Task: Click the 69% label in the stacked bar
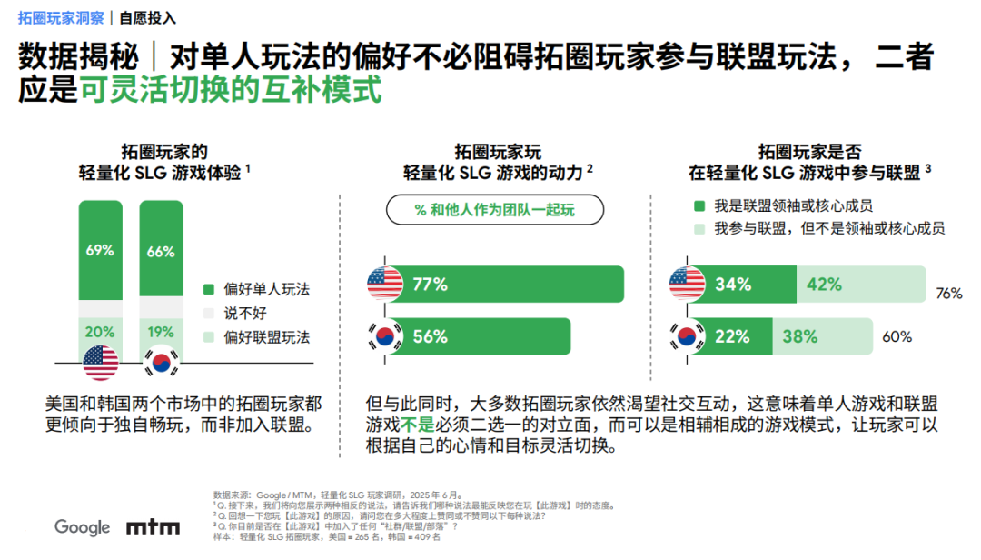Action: (100, 251)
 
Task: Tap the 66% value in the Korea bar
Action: (161, 252)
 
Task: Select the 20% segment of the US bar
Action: (100, 333)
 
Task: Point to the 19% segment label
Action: (161, 333)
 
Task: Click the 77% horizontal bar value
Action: (431, 285)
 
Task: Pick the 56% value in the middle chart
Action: (431, 336)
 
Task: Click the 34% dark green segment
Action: (733, 285)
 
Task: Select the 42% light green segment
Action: (824, 285)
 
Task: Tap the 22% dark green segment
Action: (733, 336)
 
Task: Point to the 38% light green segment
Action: (800, 336)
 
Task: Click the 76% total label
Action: (948, 294)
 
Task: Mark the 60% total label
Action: (897, 337)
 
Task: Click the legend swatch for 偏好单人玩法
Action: (208, 290)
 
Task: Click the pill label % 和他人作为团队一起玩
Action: (495, 210)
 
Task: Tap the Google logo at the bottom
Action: (82, 527)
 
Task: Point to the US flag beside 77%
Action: (385, 285)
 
